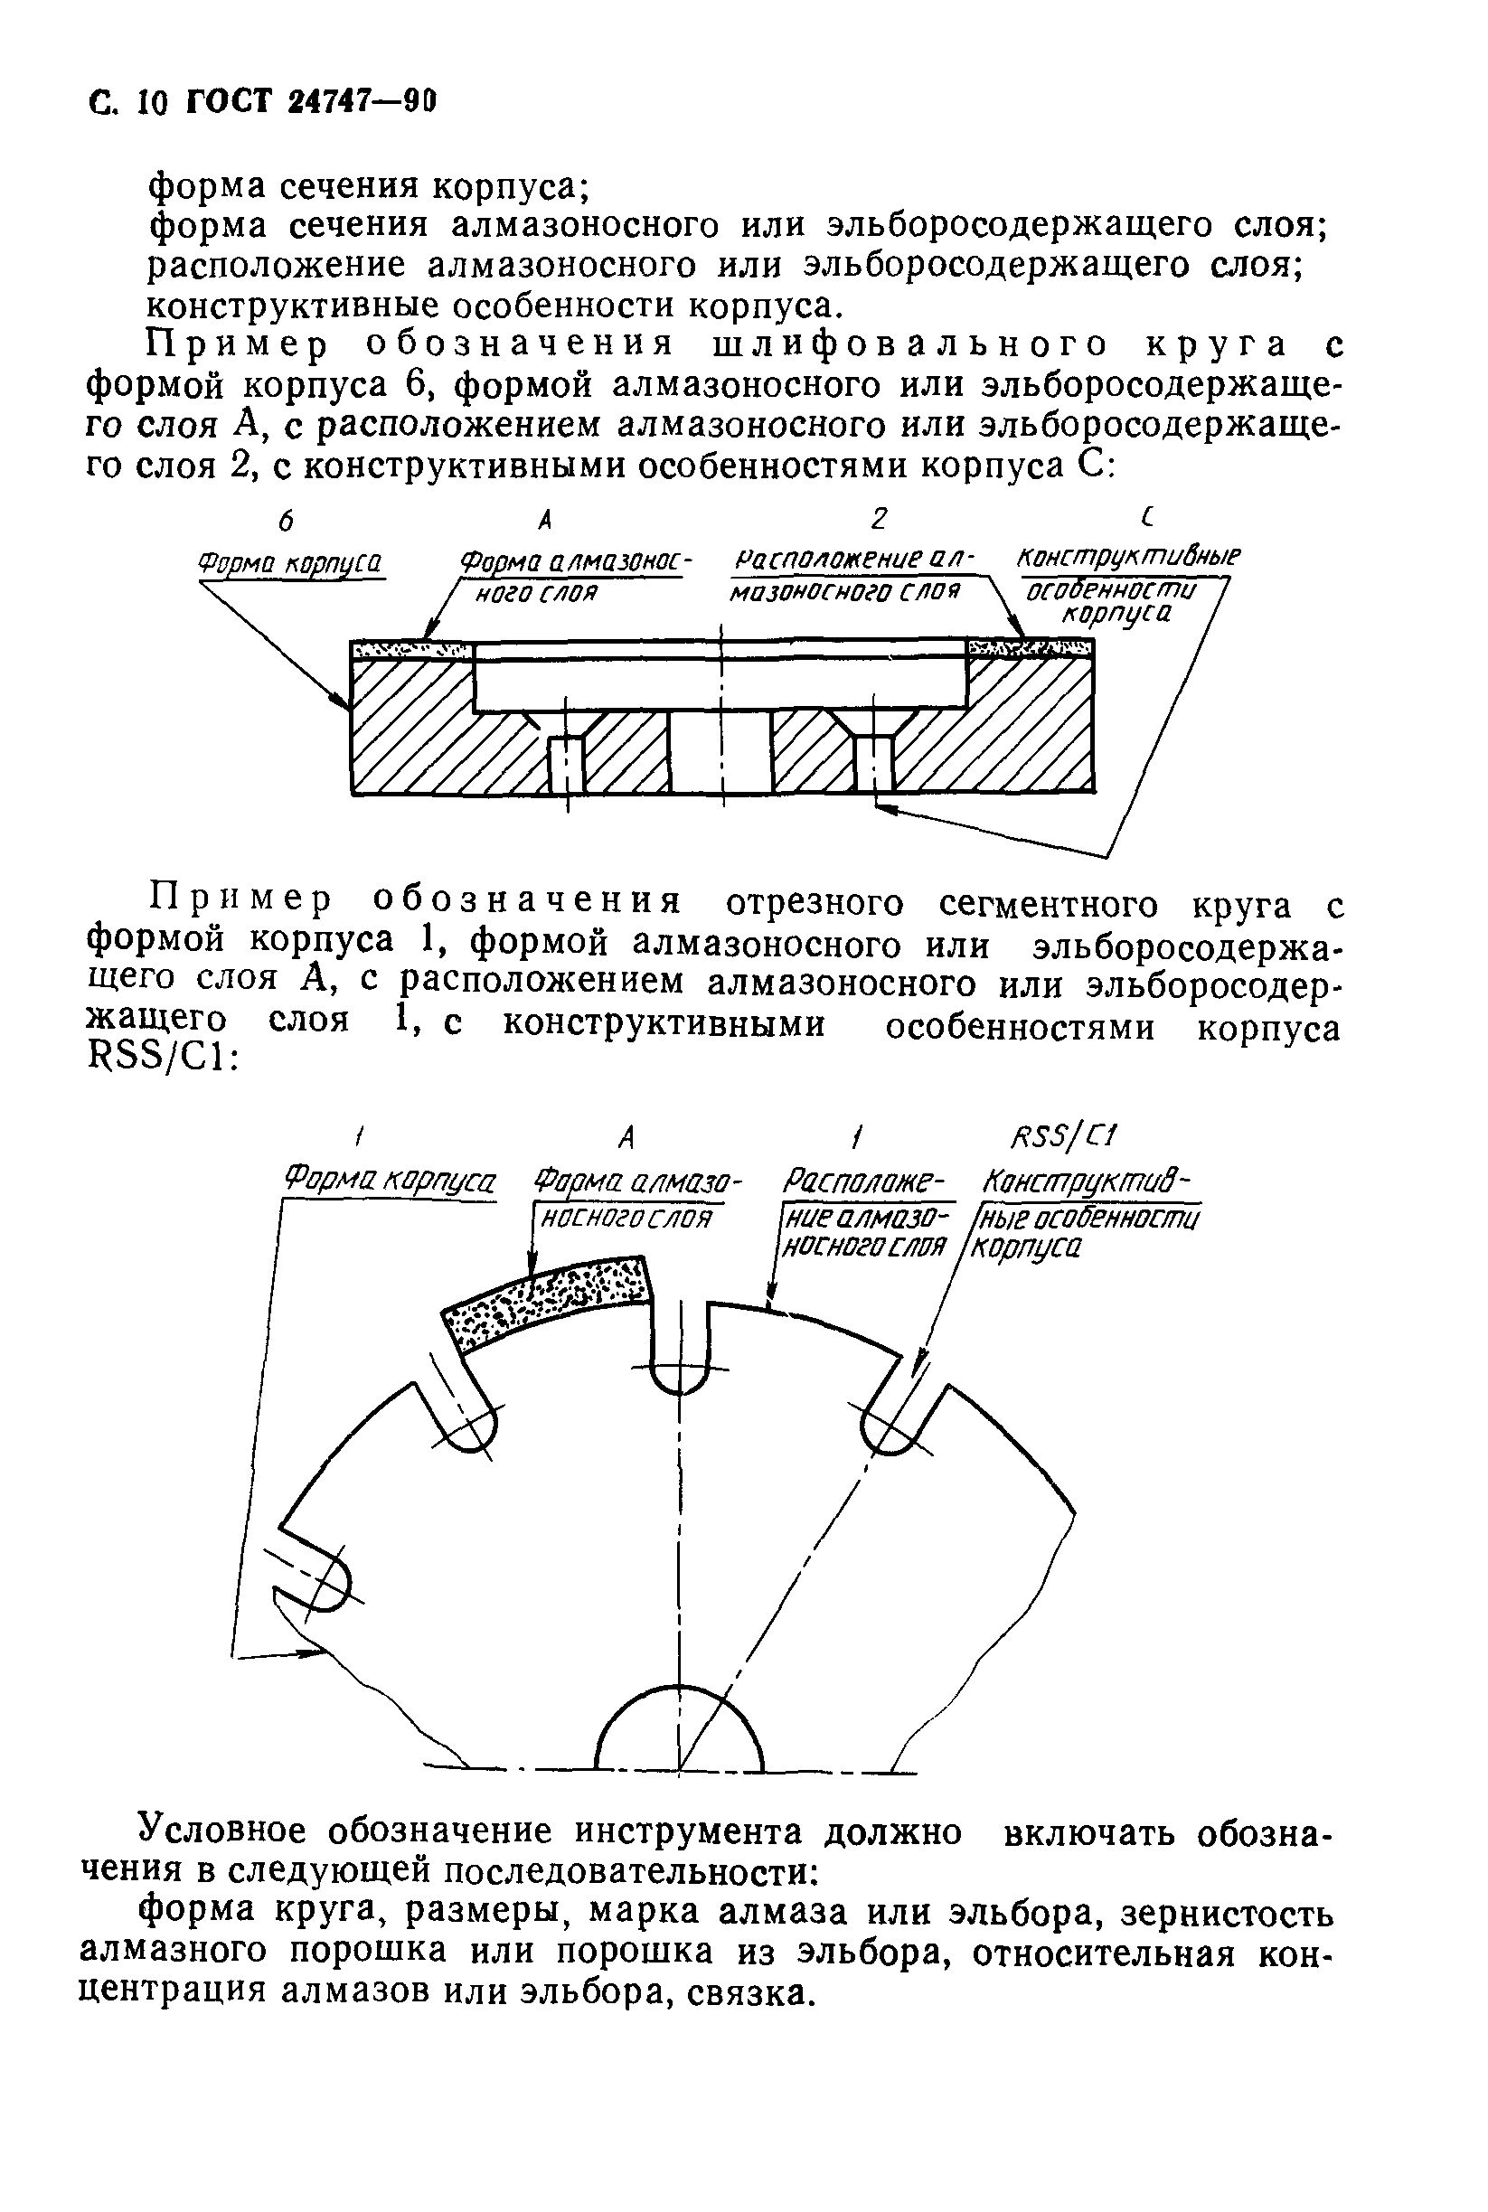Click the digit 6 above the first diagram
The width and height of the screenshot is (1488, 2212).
(285, 519)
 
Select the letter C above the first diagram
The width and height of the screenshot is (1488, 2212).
(1149, 517)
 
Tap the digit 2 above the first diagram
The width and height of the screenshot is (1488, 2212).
(879, 518)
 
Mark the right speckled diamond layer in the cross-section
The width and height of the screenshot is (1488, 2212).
(1029, 649)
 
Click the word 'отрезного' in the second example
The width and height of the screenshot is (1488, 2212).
(815, 903)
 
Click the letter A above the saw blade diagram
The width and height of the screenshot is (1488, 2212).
(626, 1136)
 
